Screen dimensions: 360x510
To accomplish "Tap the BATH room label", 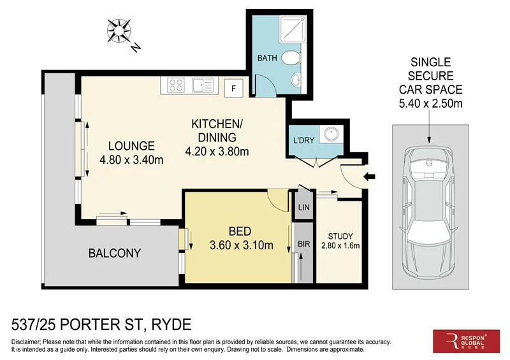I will (x=266, y=59).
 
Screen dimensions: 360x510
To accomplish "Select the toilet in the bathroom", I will (x=290, y=59).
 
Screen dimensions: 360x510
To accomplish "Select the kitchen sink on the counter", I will (x=203, y=84).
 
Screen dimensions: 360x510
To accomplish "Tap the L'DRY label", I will (x=303, y=140).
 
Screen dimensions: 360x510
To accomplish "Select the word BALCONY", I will (x=114, y=253).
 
